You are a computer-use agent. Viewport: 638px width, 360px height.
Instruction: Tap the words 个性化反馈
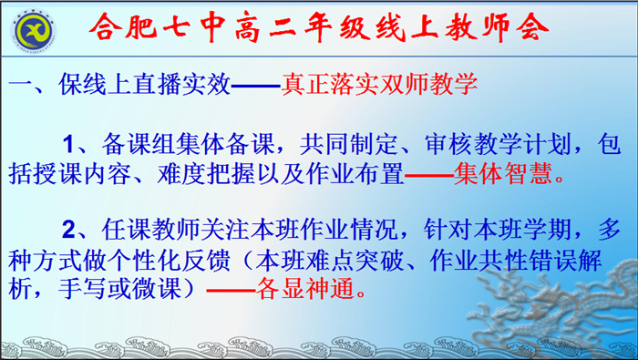[x=184, y=258]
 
